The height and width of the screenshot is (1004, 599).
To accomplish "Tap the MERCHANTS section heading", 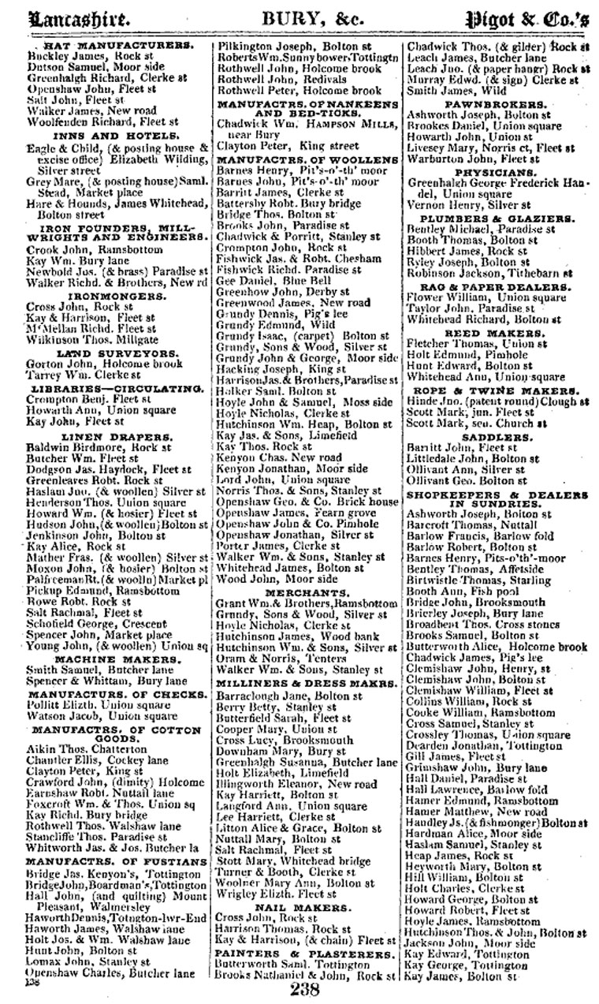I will pos(307,592).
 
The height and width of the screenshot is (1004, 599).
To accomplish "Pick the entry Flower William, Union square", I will pos(474,298).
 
